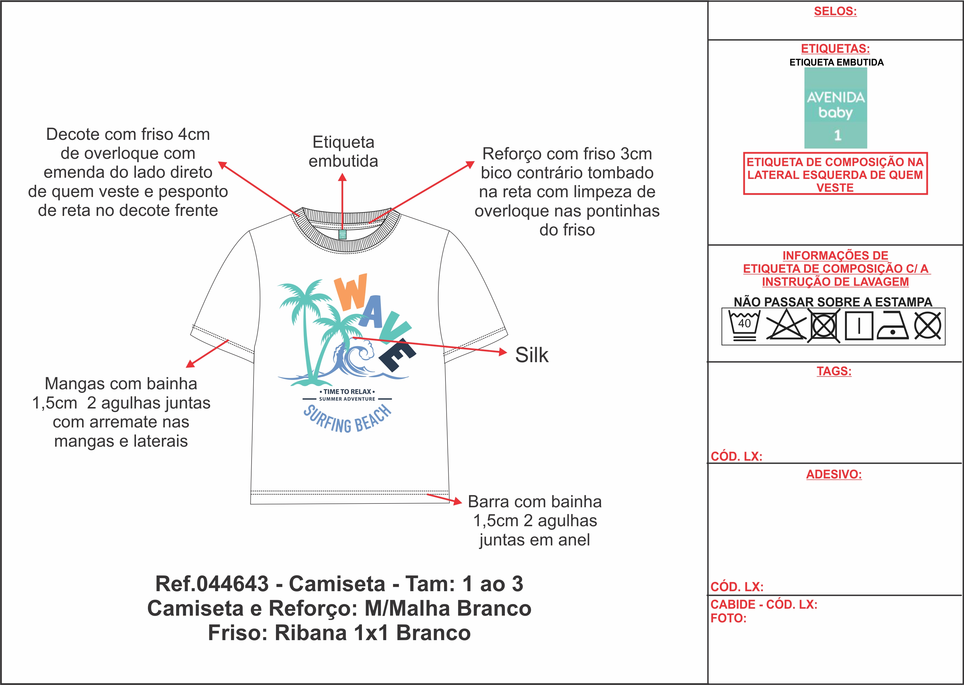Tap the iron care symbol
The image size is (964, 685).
893,326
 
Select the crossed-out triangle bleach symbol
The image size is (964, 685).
785,326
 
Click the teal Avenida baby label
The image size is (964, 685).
835,108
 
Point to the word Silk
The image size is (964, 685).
532,355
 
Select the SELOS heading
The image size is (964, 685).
835,11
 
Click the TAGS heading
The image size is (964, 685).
834,371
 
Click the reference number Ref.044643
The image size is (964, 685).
212,584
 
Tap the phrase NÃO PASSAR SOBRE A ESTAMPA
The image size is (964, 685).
833,302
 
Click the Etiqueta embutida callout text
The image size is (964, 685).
343,152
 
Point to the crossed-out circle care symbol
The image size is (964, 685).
927,326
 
